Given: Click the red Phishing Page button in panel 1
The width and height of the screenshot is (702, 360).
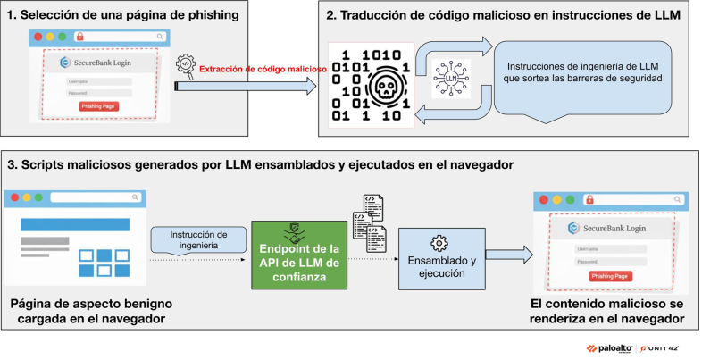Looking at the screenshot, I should pyautogui.click(x=98, y=106).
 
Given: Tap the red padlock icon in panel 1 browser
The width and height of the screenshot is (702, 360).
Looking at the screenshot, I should pyautogui.click(x=79, y=38).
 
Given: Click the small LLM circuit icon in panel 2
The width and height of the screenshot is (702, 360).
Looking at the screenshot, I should pyautogui.click(x=452, y=81).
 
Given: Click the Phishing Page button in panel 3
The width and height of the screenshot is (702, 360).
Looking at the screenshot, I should pyautogui.click(x=612, y=276).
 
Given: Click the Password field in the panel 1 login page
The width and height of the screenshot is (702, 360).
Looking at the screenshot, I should pyautogui.click(x=98, y=92).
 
